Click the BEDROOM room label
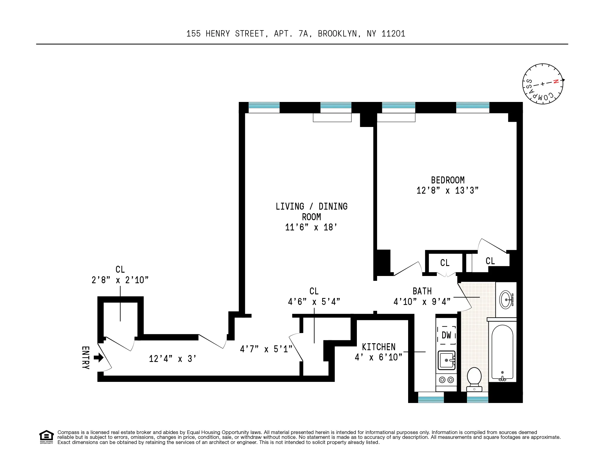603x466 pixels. coord(447,180)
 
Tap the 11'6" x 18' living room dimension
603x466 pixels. coord(311,227)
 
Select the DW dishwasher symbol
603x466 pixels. coord(446,335)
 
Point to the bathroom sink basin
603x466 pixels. coord(506,300)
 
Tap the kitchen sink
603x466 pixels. coord(446,360)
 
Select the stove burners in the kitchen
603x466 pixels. coord(446,380)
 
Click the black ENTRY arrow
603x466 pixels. coord(99,358)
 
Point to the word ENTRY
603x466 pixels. coord(86,358)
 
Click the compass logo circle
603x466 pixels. coord(542,84)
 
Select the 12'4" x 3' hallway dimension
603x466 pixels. coord(173,359)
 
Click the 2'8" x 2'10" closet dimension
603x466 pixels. coord(120,280)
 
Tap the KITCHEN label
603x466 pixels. coord(379,347)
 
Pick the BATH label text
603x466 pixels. coord(422,291)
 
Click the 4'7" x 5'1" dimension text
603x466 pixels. coord(266,349)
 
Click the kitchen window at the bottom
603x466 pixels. coord(431,399)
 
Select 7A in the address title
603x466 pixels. coord(303,33)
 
